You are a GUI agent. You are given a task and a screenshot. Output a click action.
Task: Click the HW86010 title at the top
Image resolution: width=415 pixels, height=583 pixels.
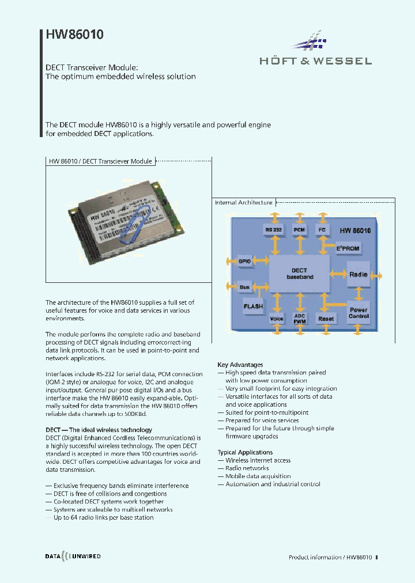tap(75, 35)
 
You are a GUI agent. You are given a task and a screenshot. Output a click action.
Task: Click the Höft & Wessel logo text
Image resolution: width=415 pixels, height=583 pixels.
tap(315, 61)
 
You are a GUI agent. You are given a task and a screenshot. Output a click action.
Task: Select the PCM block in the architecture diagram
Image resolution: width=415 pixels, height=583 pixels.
tap(299, 230)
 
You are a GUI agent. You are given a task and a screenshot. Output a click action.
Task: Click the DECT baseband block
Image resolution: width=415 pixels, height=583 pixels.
tap(299, 274)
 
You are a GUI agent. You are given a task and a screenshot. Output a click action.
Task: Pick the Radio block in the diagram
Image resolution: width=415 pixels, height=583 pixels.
tap(358, 274)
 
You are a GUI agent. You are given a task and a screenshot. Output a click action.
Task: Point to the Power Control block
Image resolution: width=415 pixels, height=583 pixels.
tap(358, 313)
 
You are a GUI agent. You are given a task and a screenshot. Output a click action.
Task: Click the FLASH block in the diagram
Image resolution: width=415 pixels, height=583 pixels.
tap(252, 306)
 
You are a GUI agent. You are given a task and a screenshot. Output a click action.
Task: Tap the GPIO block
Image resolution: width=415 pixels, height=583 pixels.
tap(245, 261)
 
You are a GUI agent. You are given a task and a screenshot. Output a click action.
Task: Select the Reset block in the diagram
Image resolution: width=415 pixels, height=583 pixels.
tap(326, 318)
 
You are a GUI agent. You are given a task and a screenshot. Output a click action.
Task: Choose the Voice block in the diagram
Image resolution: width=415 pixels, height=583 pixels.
tap(277, 318)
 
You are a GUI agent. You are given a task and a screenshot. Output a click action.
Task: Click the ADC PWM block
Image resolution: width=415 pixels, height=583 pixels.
tap(300, 318)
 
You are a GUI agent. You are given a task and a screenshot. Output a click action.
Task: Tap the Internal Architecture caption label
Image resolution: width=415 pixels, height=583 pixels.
tap(243, 203)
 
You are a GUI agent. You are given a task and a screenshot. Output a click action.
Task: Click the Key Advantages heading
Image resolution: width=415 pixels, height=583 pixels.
tap(240, 365)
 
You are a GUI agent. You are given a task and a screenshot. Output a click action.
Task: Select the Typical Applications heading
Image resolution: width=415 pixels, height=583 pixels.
tap(245, 452)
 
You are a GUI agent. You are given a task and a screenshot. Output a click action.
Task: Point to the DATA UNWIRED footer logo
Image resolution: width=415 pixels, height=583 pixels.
tap(73, 556)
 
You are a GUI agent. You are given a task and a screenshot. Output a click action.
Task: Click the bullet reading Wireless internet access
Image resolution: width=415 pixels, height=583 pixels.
tap(258, 460)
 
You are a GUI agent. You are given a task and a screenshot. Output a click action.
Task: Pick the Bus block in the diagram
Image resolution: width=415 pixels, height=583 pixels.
tap(244, 286)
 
